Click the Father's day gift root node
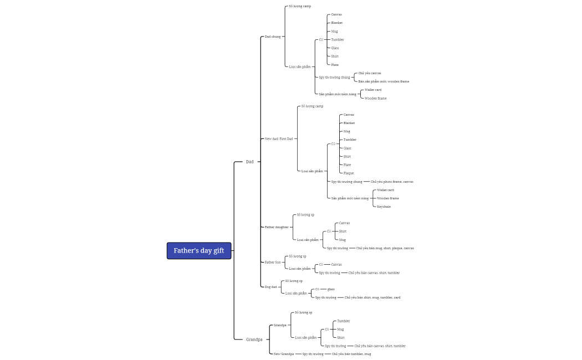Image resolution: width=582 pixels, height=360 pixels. click(199, 251)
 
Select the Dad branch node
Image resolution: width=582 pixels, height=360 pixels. click(249, 162)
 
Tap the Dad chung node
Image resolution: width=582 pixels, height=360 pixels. click(273, 37)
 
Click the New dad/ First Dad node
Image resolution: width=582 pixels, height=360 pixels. click(279, 138)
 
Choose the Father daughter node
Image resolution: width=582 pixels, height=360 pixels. click(277, 227)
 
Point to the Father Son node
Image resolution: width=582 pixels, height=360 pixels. click(273, 262)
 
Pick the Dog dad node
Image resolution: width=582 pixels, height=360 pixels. click(270, 287)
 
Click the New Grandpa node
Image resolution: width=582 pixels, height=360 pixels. click(284, 354)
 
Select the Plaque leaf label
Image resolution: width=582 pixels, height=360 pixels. click(349, 173)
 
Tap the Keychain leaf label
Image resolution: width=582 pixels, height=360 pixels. click(384, 207)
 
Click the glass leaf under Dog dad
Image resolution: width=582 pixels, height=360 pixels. click(331, 289)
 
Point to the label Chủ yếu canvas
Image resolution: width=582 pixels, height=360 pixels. click(370, 73)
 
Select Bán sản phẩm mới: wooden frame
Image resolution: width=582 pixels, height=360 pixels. click(384, 81)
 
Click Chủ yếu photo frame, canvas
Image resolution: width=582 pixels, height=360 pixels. click(392, 182)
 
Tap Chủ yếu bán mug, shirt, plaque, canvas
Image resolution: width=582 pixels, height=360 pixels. click(385, 248)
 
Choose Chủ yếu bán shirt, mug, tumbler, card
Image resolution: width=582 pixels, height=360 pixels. click(372, 297)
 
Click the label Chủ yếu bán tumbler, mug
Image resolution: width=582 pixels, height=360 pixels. click(351, 354)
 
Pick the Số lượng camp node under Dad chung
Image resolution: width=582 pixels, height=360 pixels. click(300, 6)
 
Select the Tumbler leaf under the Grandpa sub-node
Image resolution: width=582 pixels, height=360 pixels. click(344, 321)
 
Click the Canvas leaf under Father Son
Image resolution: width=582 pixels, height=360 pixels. click(336, 265)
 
